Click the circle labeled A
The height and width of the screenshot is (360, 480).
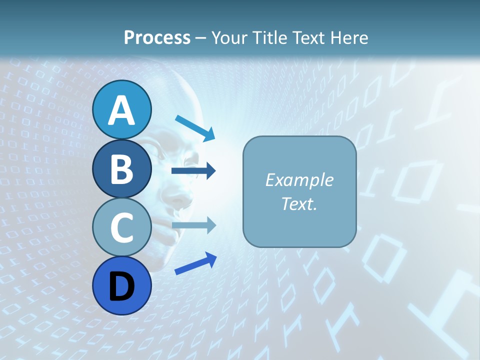pyautogui.click(x=121, y=109)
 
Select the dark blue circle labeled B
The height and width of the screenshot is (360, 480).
pyautogui.click(x=121, y=168)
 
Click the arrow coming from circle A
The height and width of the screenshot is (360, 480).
pyautogui.click(x=195, y=128)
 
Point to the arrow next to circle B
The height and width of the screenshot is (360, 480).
pyautogui.click(x=193, y=171)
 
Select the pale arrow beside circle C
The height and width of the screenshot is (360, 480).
pyautogui.click(x=194, y=225)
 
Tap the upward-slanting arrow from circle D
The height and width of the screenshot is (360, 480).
pyautogui.click(x=195, y=264)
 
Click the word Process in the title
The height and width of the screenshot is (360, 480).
pyautogui.click(x=157, y=37)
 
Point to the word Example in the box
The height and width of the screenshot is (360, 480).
pyautogui.click(x=299, y=180)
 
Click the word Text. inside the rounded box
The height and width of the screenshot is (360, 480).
pyautogui.click(x=299, y=203)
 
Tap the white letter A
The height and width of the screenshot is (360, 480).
pyautogui.click(x=121, y=110)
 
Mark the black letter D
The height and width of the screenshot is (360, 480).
pyautogui.click(x=121, y=285)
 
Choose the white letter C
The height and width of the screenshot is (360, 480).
pyautogui.click(x=121, y=227)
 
